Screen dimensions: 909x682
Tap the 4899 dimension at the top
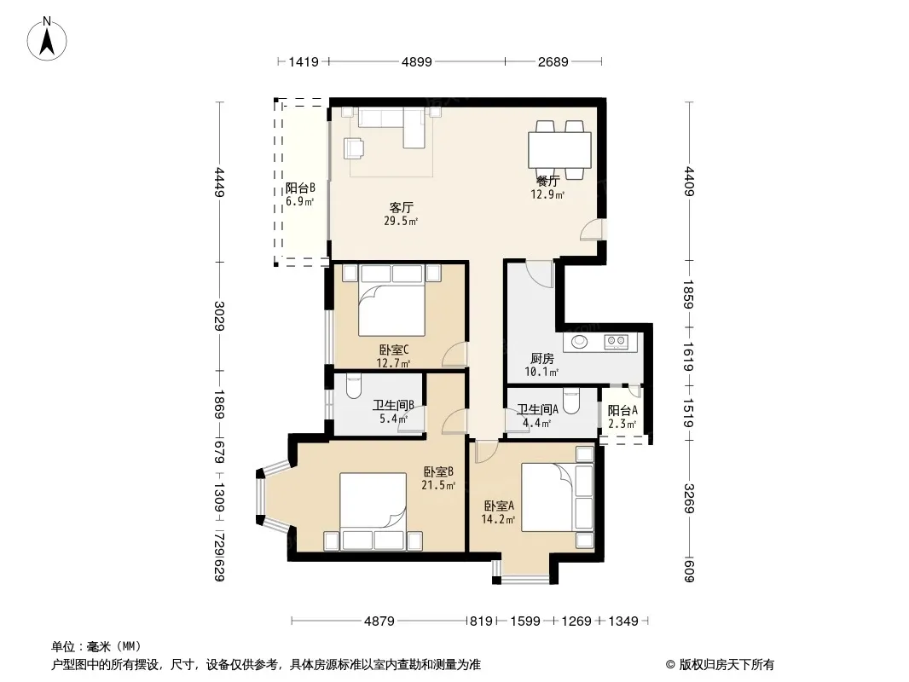417,61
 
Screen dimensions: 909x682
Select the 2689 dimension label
553,61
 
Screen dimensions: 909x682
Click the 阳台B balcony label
299,188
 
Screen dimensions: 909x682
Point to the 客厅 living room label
401,207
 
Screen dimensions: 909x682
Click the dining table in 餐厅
559,150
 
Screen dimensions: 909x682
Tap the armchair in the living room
354,147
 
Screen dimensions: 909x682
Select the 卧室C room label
394,350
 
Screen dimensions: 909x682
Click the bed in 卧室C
392,301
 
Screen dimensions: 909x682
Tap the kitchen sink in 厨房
580,341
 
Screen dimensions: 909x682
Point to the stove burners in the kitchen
616,342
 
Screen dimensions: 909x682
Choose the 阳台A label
622,411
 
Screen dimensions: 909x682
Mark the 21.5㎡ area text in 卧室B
438,486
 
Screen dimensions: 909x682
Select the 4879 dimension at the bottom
379,621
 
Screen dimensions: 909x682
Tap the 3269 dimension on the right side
689,499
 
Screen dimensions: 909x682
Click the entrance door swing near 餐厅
592,229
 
